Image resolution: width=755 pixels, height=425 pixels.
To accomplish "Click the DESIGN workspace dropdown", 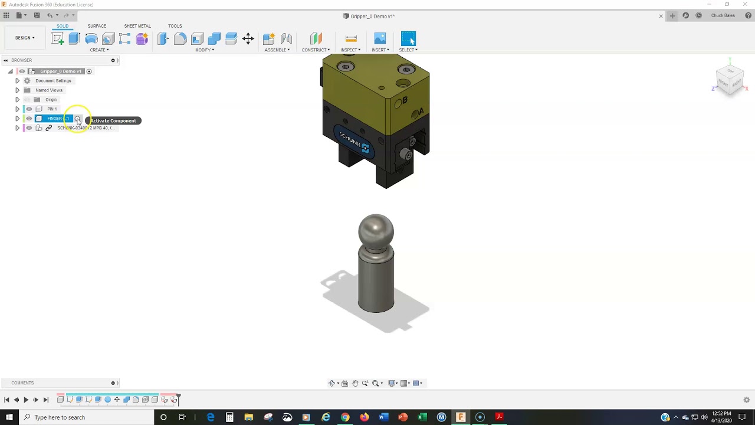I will [25, 38].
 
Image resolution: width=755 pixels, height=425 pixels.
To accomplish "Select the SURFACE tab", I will [97, 26].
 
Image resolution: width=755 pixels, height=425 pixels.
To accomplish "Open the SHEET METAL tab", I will [137, 26].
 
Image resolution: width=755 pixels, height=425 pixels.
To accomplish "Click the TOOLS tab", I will [175, 26].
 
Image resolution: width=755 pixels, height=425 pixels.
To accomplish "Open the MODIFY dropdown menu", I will [204, 50].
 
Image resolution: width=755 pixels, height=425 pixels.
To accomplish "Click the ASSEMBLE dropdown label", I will [277, 50].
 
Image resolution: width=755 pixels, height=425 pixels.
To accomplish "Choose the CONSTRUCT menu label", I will [316, 50].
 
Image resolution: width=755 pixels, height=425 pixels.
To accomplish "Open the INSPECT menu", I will [350, 50].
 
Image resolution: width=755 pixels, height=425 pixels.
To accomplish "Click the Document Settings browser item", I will [53, 81].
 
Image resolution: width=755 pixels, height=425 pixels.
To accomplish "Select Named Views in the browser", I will [49, 90].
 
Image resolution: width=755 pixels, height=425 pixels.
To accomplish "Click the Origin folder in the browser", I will [51, 100].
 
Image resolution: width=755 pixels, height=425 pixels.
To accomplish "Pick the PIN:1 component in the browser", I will [52, 109].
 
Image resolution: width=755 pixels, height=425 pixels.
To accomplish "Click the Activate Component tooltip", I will [113, 121].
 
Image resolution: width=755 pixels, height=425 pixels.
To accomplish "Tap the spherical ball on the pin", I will [376, 230].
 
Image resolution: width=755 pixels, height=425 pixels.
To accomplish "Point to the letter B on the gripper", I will [405, 101].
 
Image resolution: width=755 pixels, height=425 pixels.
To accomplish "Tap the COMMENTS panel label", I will [22, 383].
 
